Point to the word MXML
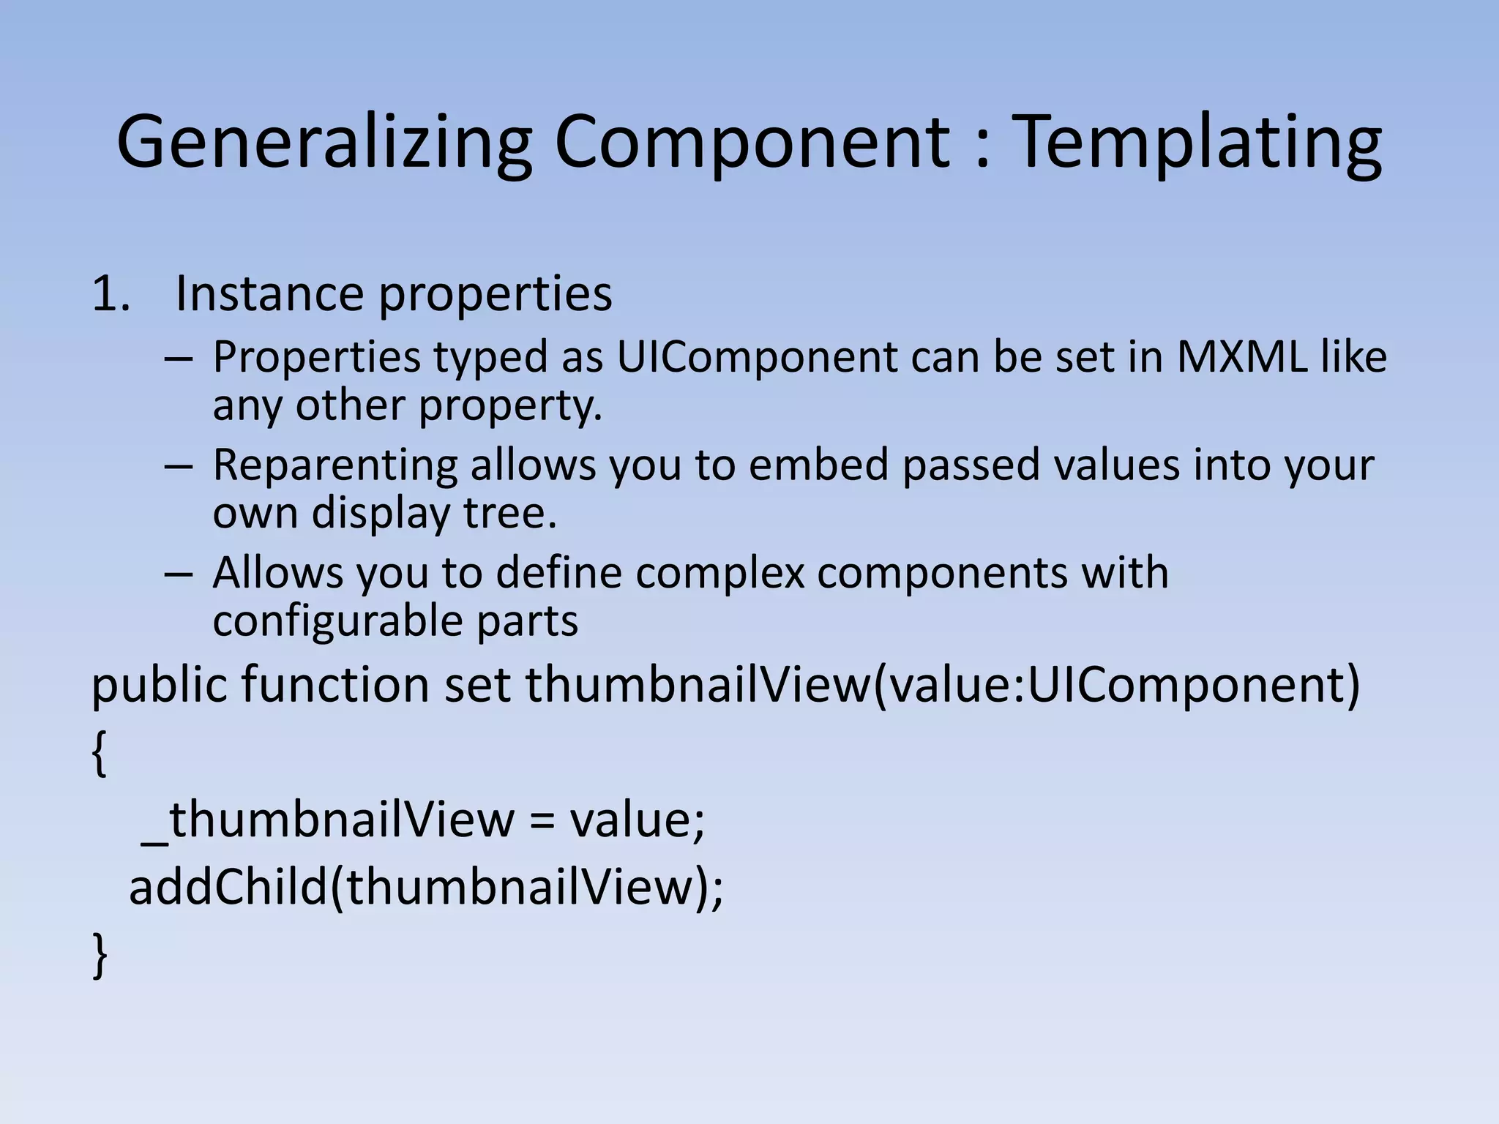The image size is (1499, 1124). (x=1241, y=357)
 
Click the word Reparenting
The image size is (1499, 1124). (x=334, y=465)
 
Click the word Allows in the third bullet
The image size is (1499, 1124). (x=277, y=572)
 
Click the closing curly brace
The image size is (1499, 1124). (x=100, y=955)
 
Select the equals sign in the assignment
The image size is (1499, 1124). (x=542, y=820)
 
